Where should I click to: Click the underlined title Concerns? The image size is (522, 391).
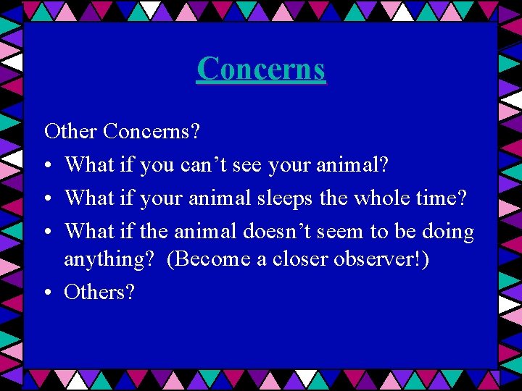click(261, 70)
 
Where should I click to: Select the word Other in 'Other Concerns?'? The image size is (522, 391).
click(70, 132)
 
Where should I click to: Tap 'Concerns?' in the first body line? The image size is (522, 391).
click(152, 132)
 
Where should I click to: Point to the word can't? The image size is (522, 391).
click(201, 165)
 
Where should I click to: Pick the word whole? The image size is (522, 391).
click(373, 198)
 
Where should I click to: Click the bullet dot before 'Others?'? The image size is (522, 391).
click(48, 293)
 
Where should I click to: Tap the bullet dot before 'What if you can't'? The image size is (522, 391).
click(48, 166)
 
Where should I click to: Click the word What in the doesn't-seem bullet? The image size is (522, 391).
click(87, 232)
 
